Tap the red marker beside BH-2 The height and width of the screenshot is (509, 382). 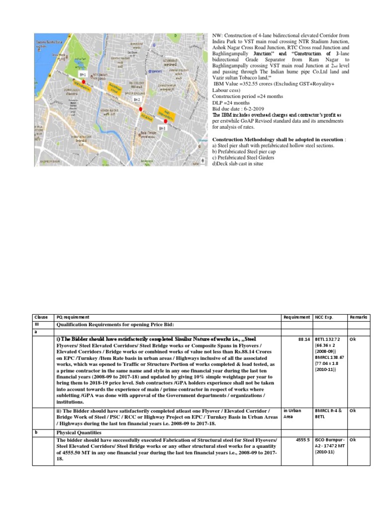click(140, 109)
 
